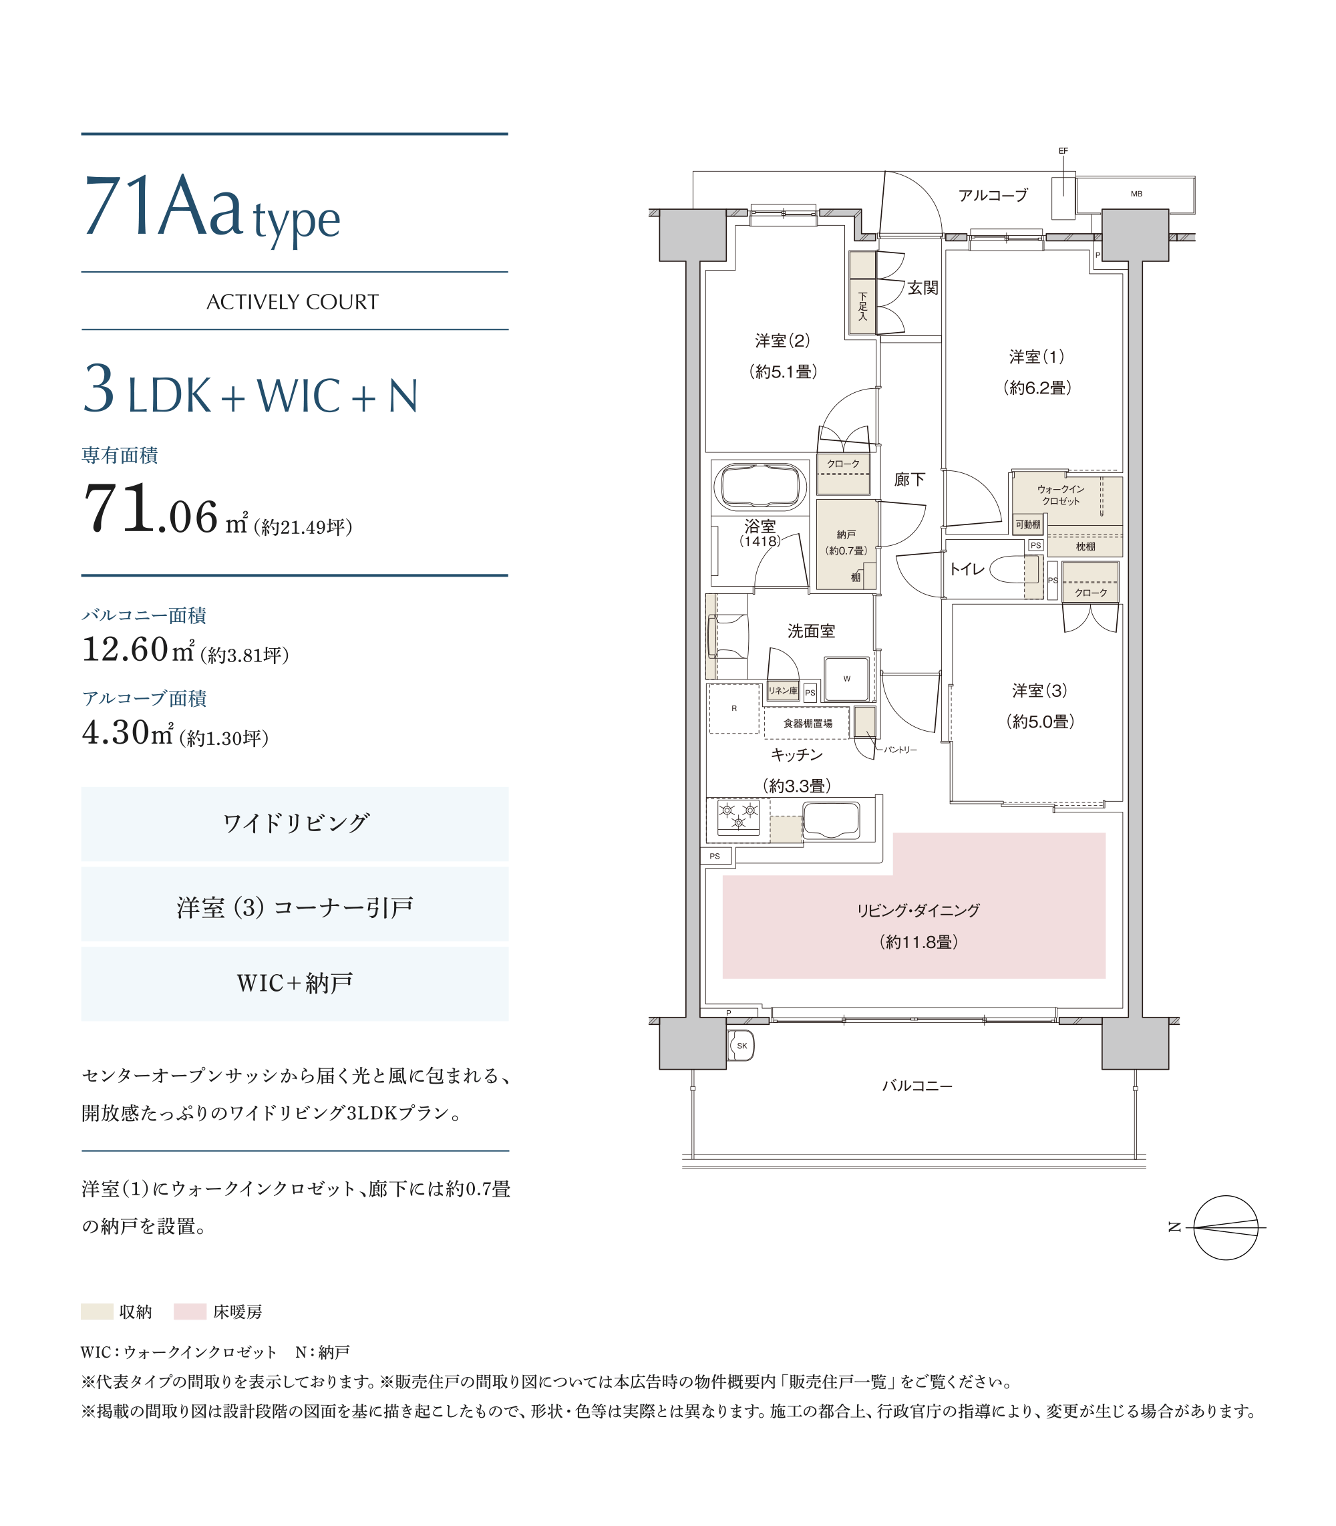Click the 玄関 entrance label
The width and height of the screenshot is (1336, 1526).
923,288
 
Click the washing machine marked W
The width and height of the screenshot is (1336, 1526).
846,678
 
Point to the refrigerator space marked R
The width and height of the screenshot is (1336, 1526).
733,708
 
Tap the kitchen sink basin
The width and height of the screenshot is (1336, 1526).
831,820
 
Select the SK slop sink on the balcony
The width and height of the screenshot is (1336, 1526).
741,1045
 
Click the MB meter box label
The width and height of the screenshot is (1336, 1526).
1136,194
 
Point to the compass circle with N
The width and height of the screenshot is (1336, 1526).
1226,1228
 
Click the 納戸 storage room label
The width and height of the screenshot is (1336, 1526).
846,535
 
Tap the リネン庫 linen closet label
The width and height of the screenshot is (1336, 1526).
783,691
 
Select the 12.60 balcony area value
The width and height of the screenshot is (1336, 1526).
126,649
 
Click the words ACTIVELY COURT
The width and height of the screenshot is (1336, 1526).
293,302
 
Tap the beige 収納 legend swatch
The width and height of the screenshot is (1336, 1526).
97,1312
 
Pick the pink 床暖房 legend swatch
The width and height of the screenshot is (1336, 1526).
190,1312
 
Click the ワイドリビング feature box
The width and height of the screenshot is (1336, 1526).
295,824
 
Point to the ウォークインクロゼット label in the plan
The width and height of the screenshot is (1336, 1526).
1060,495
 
